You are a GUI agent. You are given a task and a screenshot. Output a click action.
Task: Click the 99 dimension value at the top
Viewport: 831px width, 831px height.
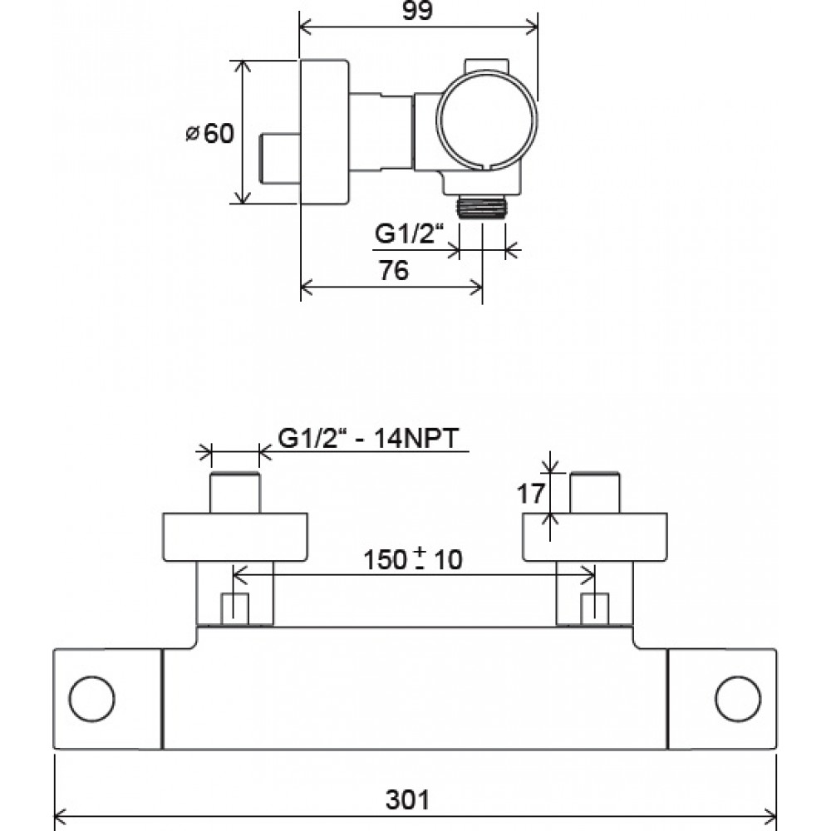417,11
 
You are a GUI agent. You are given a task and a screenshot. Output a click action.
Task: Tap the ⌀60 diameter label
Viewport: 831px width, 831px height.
210,134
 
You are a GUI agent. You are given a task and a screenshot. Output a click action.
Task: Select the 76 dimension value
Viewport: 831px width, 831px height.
393,270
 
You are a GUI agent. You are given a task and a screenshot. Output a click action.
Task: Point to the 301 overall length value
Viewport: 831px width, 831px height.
407,799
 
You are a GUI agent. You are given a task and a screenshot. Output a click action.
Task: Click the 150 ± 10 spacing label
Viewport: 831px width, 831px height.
413,559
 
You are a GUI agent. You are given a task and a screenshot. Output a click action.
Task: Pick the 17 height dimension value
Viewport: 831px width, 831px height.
530,494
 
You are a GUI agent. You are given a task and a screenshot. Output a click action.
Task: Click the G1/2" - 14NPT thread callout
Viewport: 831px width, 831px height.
368,439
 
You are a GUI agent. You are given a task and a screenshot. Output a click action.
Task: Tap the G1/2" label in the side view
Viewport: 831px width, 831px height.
409,234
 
